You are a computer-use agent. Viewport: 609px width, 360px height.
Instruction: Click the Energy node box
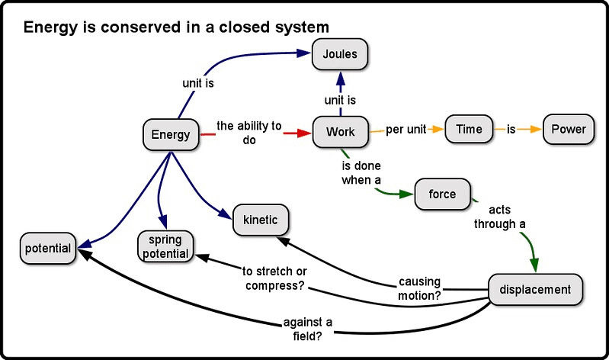170,135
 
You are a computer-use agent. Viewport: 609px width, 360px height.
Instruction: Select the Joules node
340,54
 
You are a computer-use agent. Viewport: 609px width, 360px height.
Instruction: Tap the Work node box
340,132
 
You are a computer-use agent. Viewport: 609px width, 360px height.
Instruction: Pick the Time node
469,129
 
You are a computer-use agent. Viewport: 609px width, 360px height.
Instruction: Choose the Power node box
569,129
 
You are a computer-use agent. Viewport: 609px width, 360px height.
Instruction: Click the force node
442,194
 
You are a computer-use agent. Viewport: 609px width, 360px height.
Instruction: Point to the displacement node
535,289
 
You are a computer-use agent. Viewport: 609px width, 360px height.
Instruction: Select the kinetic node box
261,220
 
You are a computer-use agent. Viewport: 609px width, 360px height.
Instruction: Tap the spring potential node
165,246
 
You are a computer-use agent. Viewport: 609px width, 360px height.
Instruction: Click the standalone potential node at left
47,249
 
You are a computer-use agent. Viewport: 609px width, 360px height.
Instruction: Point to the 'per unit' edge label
406,130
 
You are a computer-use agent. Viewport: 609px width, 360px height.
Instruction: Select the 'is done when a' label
360,172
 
